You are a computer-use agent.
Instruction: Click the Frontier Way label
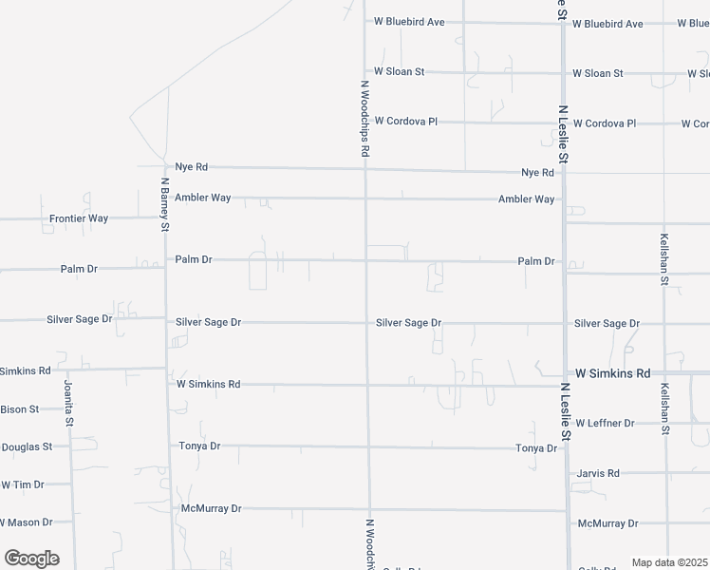(x=79, y=218)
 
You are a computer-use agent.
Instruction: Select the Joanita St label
(x=68, y=403)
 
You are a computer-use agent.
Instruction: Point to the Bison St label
(x=19, y=409)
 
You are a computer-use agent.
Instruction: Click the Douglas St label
(x=27, y=446)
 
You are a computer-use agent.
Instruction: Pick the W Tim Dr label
(x=23, y=484)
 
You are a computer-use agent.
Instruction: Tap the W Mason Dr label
(x=27, y=522)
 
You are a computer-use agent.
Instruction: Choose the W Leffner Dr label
(x=605, y=423)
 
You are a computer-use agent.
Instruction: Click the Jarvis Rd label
(x=598, y=473)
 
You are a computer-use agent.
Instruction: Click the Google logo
(x=31, y=559)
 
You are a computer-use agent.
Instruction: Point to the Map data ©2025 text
(x=669, y=562)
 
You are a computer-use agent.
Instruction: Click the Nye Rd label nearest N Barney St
(x=192, y=166)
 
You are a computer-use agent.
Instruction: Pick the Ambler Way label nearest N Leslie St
(x=526, y=199)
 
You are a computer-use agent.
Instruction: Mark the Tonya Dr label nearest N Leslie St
(x=536, y=447)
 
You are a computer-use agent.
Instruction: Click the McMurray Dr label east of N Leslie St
(x=607, y=523)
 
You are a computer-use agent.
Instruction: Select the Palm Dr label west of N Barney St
(x=79, y=269)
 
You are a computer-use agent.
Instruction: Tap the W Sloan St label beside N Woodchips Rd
(x=399, y=71)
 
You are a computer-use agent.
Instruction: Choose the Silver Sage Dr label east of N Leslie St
(x=607, y=324)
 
